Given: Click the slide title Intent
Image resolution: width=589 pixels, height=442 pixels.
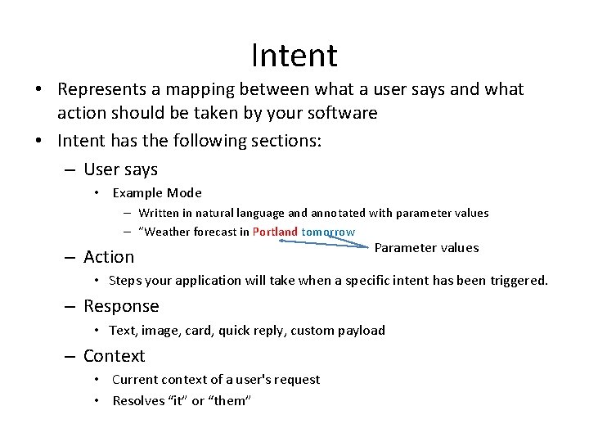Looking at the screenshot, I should pyautogui.click(x=294, y=56).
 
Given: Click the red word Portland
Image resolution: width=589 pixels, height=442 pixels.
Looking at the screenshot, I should pyautogui.click(x=275, y=232).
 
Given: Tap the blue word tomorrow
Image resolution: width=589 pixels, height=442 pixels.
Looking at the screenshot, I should pyautogui.click(x=328, y=232).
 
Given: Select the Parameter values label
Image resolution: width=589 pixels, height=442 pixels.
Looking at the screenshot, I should pyautogui.click(x=426, y=248).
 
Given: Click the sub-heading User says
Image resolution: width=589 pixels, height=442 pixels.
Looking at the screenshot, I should pyautogui.click(x=120, y=169).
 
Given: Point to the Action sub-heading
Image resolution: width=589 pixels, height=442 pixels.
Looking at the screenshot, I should pyautogui.click(x=109, y=257).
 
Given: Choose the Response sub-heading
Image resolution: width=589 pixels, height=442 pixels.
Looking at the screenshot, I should pyautogui.click(x=121, y=306).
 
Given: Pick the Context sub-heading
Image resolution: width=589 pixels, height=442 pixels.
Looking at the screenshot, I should pyautogui.click(x=114, y=356).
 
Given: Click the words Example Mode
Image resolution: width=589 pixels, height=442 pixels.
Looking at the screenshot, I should pyautogui.click(x=157, y=193).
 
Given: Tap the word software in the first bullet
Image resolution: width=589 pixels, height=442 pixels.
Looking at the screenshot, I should pyautogui.click(x=344, y=113).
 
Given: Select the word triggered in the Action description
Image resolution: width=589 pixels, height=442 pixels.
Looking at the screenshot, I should pyautogui.click(x=518, y=281).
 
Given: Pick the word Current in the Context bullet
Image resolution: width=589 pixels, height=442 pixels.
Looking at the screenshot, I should pyautogui.click(x=133, y=380).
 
